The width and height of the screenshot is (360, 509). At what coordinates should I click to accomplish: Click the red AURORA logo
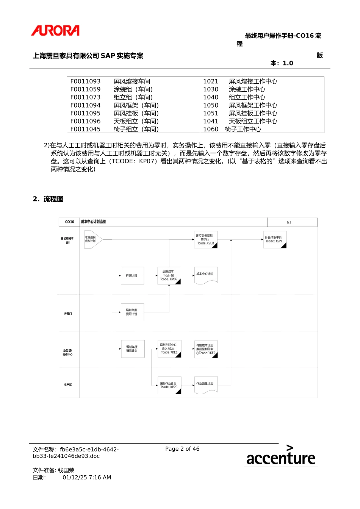pos(55,31)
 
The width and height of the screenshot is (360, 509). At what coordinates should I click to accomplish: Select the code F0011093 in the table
pos(86,81)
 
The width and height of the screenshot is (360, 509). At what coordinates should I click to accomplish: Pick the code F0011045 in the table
pos(86,129)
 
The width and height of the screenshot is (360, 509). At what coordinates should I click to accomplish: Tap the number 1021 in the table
pos(211,81)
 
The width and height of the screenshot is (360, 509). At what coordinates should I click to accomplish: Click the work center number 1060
pos(211,129)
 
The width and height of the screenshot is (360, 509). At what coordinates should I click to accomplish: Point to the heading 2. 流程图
pos(48,199)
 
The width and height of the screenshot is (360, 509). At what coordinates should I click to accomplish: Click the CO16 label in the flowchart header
pos(69,222)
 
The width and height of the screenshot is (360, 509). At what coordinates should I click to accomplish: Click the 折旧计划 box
pos(132,276)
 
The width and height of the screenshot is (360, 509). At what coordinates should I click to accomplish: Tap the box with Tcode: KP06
pos(169,276)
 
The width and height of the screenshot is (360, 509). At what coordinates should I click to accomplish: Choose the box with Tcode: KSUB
pos(205,240)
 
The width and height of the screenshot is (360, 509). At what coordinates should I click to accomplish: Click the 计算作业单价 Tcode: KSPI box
pos(274,239)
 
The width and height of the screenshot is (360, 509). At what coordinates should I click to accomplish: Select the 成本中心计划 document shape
pos(205,275)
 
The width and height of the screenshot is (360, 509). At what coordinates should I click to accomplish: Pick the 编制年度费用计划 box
pos(132,312)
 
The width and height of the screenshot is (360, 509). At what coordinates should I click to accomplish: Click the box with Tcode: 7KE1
pos(169,349)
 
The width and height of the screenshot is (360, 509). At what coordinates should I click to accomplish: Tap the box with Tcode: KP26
pos(169,385)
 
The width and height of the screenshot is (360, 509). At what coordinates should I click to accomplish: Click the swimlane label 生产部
pos(68,385)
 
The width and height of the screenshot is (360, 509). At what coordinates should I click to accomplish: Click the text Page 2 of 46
pos(182,449)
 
